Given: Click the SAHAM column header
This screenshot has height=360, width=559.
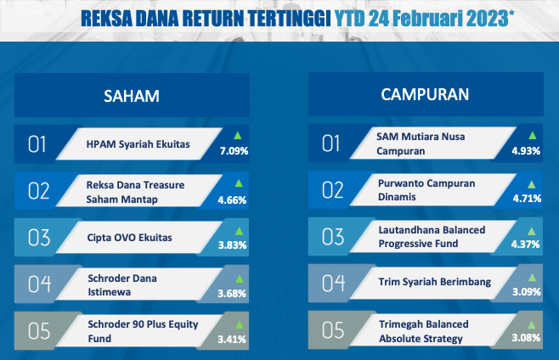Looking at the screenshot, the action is [x=132, y=96].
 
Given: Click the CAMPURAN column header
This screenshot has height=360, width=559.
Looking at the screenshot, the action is [x=425, y=94].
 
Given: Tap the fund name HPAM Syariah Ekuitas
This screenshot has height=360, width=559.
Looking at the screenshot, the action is [x=138, y=144].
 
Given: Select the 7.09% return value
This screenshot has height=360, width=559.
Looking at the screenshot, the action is [x=234, y=151].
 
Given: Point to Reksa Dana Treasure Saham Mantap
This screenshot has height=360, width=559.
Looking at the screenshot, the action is [x=135, y=192].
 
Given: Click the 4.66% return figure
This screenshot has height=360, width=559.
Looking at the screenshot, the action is [x=232, y=200].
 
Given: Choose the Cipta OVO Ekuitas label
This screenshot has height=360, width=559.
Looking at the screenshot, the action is [x=129, y=238].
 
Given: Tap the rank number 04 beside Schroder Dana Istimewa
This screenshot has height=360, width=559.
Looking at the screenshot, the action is [x=39, y=284].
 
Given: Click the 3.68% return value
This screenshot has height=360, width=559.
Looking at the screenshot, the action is [x=232, y=293].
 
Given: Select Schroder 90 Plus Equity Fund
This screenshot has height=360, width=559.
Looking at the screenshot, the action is [x=143, y=331].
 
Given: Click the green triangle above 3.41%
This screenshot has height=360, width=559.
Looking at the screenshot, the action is [x=240, y=324].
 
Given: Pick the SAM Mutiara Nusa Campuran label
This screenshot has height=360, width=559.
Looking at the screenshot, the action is [x=421, y=143].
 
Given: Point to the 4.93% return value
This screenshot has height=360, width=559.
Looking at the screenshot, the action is [x=526, y=151].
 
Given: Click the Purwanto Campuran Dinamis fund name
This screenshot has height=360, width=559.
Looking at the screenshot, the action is [x=426, y=190].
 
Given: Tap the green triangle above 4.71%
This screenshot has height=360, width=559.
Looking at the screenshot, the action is [x=532, y=184].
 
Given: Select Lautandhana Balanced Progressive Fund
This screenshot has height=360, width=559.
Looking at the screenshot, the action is [x=432, y=237].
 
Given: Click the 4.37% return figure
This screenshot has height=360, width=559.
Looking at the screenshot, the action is [x=526, y=245].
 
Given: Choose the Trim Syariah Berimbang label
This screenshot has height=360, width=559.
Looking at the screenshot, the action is [x=435, y=282].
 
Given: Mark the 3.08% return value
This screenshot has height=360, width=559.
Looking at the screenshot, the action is [x=526, y=338].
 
